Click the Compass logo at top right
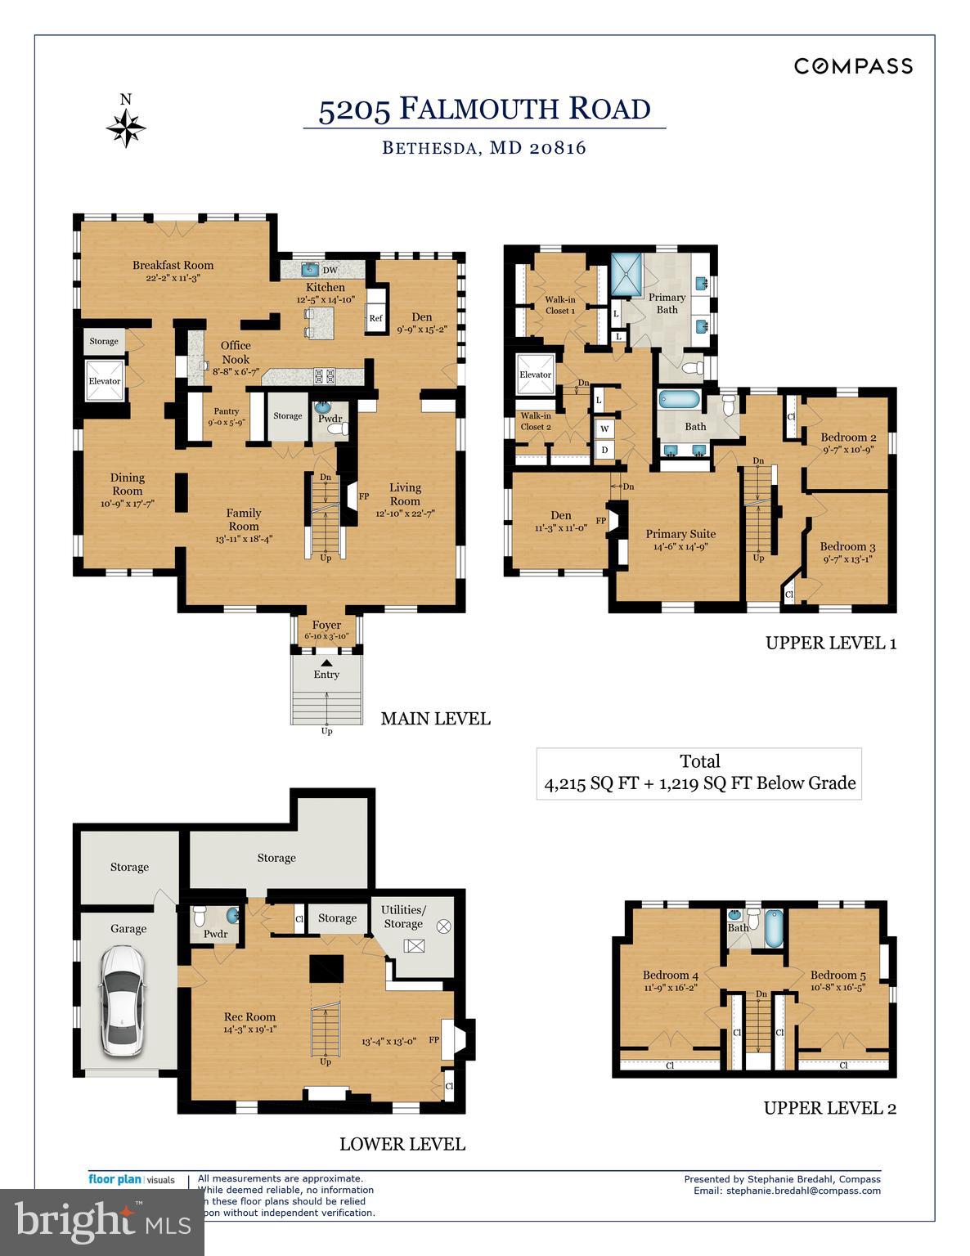coord(853,66)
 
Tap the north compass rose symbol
coord(126,128)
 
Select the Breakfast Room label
coord(173,266)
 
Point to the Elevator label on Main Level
coord(105,381)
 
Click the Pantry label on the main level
coord(227,411)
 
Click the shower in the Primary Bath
coord(628,279)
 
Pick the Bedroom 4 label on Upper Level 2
coord(670,975)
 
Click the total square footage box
coord(699,773)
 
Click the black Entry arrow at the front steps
coord(326,663)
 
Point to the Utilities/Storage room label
coord(404,917)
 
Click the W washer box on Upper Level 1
coord(605,428)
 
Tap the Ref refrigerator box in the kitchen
coord(375,318)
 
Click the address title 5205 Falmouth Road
coord(484,109)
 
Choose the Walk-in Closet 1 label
coord(560,305)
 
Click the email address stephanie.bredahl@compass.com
coord(803,1191)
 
